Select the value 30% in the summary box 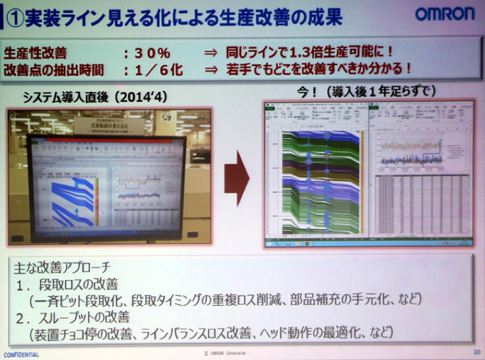coord(152,52)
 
